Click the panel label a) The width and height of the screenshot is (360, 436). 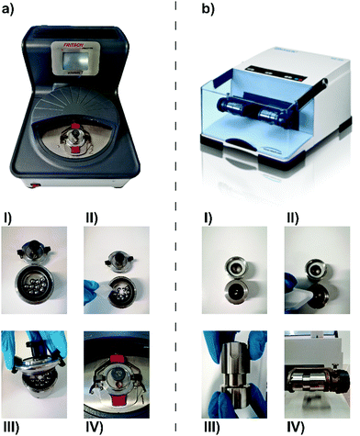point(12,9)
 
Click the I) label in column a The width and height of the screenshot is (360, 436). point(12,221)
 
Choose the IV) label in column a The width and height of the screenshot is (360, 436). point(96,426)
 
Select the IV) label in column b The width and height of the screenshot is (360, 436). point(291,426)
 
